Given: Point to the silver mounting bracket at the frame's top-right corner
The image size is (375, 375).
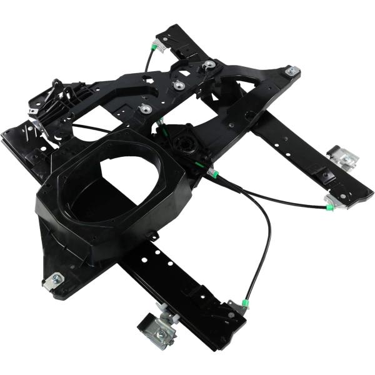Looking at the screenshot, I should [291, 72].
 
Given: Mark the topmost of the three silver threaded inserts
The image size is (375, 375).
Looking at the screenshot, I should [209, 64].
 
